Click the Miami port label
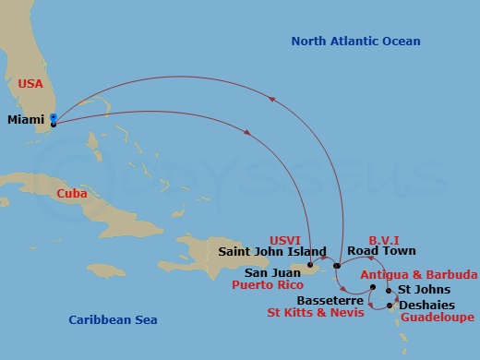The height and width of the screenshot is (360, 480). click(25, 120)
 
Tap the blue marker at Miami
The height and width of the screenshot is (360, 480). click(54, 117)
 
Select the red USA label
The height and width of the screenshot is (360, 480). click(31, 83)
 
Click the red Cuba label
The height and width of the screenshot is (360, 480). click(72, 194)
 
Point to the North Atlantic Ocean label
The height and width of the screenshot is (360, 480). click(355, 42)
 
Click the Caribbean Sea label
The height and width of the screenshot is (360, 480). click(113, 319)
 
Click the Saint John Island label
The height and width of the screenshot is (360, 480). click(272, 250)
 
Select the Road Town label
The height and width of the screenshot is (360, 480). click(387, 250)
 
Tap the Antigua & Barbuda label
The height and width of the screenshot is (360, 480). click(418, 275)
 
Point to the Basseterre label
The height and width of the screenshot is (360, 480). click(331, 301)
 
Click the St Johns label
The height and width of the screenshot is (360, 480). click(425, 290)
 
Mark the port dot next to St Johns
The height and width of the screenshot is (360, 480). click(389, 291)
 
